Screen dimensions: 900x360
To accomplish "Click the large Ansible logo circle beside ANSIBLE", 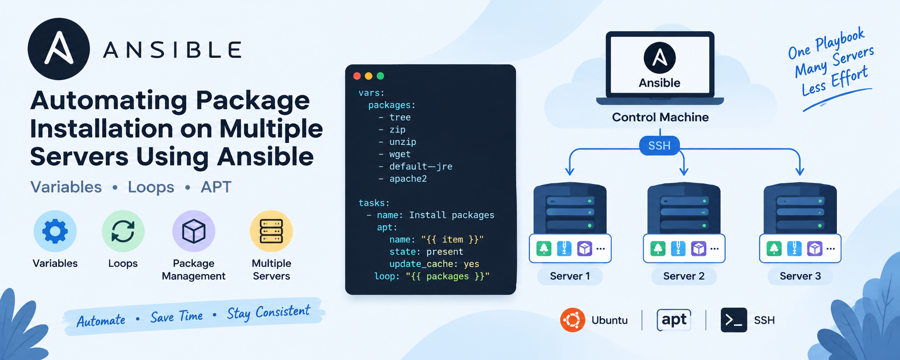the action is [x=59, y=49].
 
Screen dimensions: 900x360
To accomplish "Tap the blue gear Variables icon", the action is [x=55, y=231].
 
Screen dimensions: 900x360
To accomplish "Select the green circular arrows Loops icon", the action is [x=123, y=231].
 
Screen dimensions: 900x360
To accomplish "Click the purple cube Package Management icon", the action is [x=194, y=231].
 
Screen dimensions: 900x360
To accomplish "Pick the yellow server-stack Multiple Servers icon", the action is [x=271, y=231].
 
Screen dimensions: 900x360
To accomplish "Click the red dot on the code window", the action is [x=357, y=76].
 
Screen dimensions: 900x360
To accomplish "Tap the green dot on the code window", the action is [x=380, y=76].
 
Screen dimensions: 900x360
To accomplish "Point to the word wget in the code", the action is [x=400, y=154].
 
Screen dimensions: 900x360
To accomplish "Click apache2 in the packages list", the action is [x=408, y=179].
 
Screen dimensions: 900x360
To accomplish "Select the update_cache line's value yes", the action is [x=472, y=264].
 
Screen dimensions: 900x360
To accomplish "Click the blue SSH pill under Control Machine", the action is [x=659, y=146].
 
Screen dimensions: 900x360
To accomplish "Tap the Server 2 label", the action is [x=684, y=276].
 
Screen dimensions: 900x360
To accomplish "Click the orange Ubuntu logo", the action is [x=572, y=320].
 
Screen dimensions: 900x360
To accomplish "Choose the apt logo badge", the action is [x=674, y=320].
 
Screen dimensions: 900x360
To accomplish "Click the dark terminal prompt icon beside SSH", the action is [x=734, y=320].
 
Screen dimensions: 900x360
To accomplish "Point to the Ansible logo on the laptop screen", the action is [x=659, y=58].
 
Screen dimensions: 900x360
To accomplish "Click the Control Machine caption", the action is [x=660, y=117].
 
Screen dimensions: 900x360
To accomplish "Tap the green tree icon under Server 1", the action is [x=544, y=248].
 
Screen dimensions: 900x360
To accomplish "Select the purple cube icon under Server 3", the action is [x=815, y=248].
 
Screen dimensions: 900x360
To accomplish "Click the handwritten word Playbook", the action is [x=840, y=39].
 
